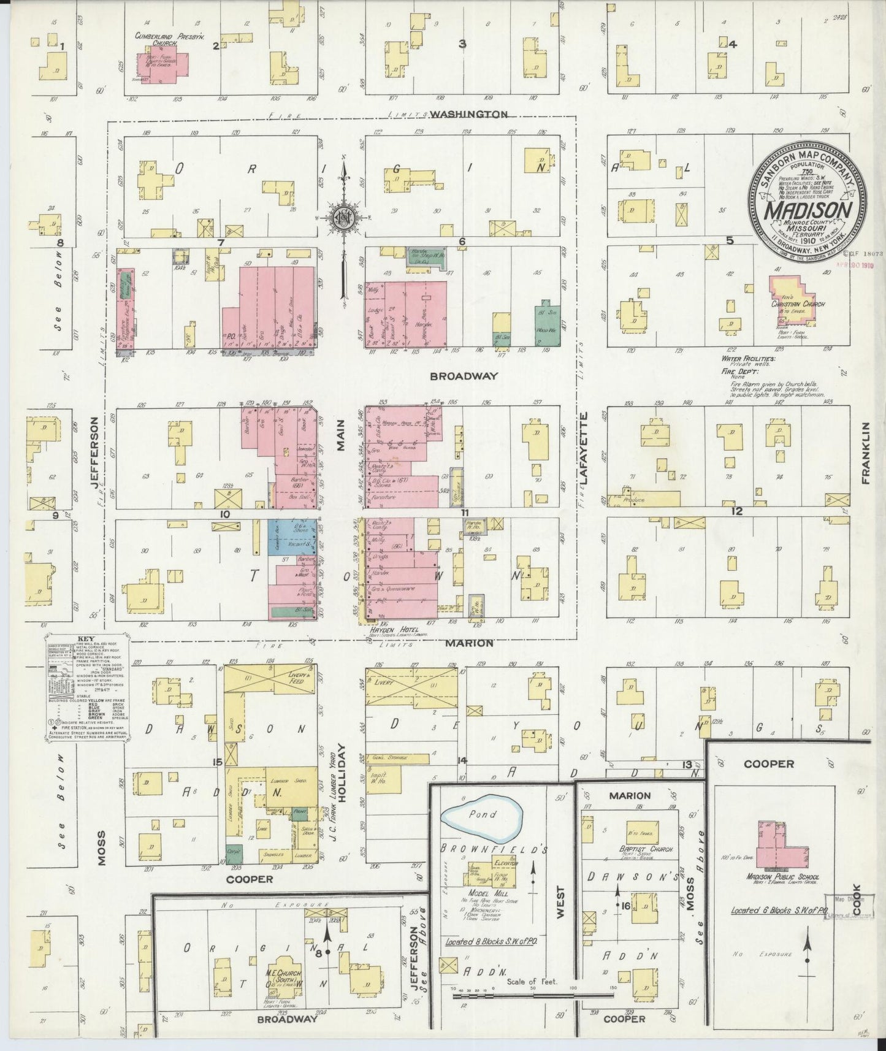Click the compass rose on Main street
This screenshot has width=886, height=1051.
(x=344, y=216)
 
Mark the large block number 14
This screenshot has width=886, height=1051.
(x=462, y=760)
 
